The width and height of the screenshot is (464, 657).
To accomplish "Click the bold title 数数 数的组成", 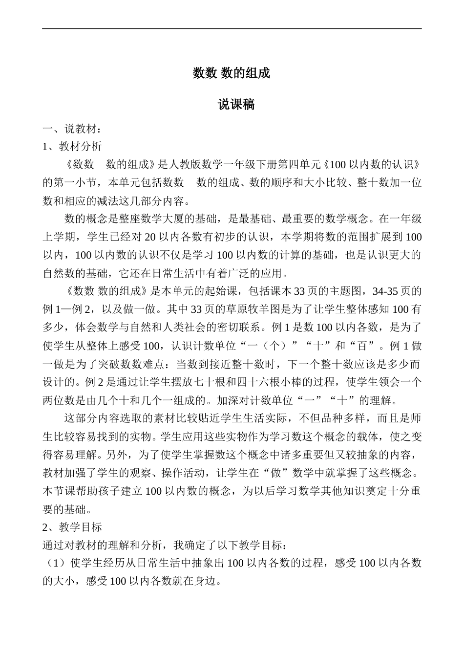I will [x=231, y=73].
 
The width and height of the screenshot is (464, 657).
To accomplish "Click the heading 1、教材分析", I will [x=72, y=147].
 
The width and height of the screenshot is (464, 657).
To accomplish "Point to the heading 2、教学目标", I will [x=72, y=527].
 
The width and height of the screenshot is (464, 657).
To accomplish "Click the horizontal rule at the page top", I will [x=232, y=28].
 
